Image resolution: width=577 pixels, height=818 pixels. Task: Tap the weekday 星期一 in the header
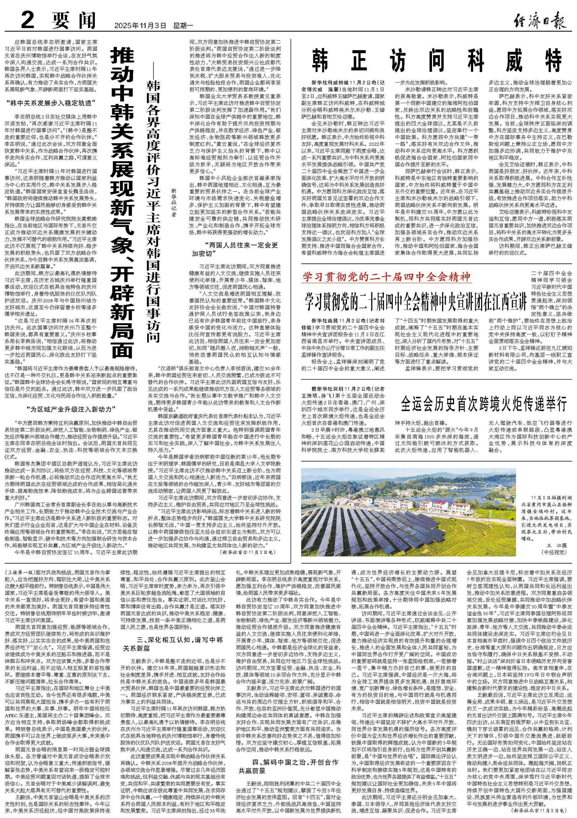point(184,26)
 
